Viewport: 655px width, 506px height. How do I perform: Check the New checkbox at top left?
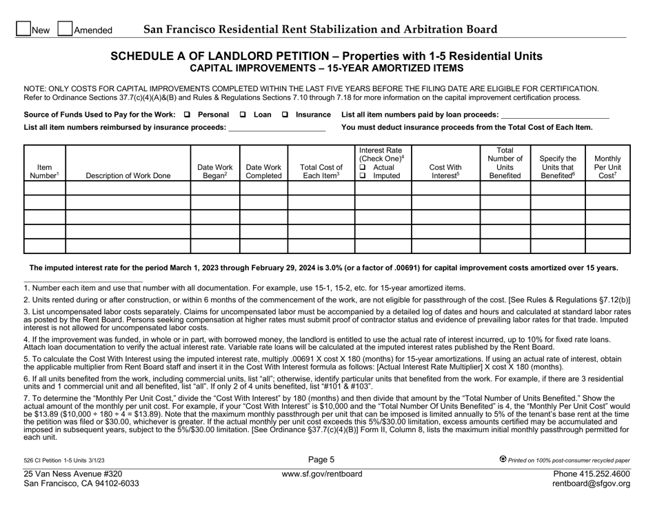click(22, 29)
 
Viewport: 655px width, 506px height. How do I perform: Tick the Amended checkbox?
click(65, 29)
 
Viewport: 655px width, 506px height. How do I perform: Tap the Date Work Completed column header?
click(263, 171)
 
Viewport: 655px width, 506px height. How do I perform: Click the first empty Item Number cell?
click(44, 188)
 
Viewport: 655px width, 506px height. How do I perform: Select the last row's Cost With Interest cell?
click(445, 246)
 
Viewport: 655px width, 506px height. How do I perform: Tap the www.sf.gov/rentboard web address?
click(327, 474)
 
